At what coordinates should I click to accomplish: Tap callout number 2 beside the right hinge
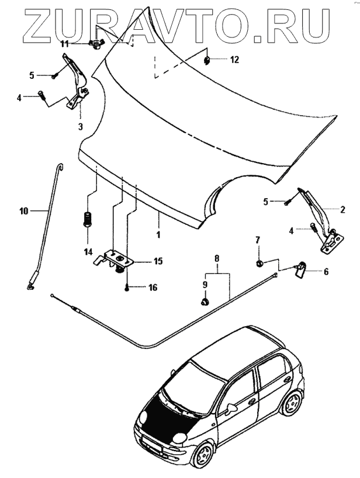coord(342,209)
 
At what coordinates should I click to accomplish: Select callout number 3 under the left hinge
coord(80,126)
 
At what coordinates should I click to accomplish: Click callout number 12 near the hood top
coord(234,60)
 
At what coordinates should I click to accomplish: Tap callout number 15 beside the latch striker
coord(157,261)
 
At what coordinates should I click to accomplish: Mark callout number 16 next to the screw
coord(153,288)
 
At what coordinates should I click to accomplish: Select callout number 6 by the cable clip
coord(326,271)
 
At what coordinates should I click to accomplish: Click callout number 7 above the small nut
coord(257,240)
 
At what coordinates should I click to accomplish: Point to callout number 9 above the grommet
coord(205,284)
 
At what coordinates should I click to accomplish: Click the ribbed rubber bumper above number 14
coord(89,220)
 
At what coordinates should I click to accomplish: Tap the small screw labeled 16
coord(127,288)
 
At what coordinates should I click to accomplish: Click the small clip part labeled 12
coord(208,60)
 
